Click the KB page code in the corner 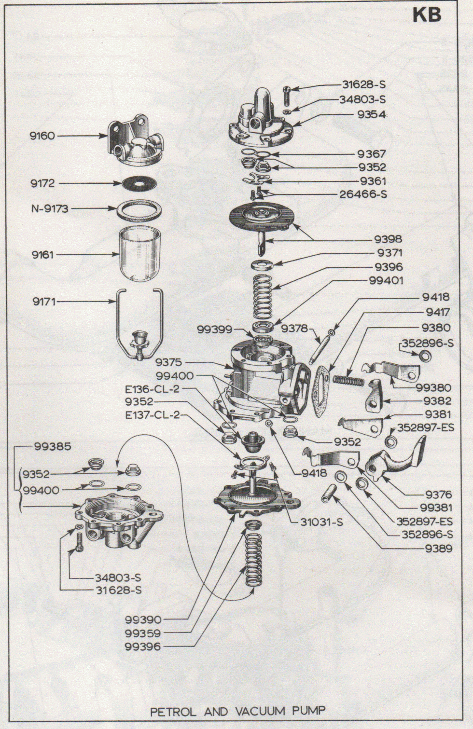[427, 15]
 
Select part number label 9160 [42, 136]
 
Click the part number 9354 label [372, 115]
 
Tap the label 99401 [386, 281]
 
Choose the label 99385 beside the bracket [53, 447]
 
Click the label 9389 [438, 549]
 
